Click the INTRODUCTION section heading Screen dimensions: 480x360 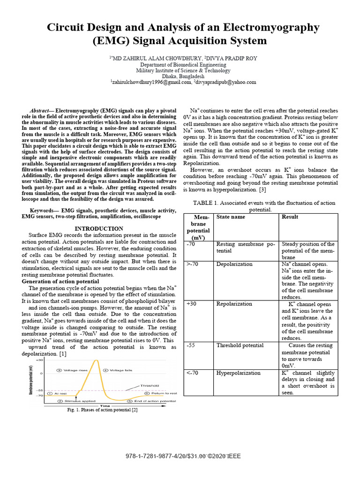[x=99, y=228]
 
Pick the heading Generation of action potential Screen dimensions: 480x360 [x=60, y=281]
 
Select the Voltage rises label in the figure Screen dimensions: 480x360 [x=75, y=370]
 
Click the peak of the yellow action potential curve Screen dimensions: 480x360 [x=97, y=360]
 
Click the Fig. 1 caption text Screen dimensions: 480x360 [x=102, y=411]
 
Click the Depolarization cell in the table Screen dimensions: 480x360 [x=234, y=264]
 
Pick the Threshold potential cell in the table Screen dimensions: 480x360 [x=240, y=345]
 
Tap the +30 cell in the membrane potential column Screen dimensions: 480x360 [x=191, y=304]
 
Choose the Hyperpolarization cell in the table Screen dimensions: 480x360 [x=238, y=373]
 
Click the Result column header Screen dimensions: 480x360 [x=290, y=217]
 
